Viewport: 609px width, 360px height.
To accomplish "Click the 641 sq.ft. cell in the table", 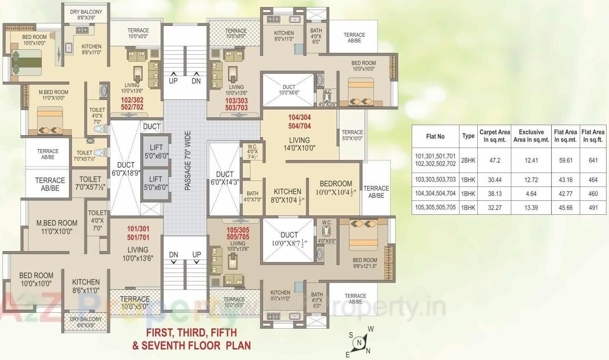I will tap(593, 160).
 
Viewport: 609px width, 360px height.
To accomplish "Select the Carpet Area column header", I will tap(494, 136).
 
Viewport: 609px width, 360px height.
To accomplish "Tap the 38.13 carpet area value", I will tap(494, 193).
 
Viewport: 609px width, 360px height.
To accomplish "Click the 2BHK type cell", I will tap(468, 160).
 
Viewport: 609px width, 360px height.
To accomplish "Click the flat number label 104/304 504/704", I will tap(300, 122).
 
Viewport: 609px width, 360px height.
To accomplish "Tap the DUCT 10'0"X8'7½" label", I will tap(289, 240).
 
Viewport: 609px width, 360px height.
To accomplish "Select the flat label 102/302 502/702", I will tap(133, 103).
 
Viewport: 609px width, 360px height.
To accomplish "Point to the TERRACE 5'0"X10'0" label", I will tap(352, 135).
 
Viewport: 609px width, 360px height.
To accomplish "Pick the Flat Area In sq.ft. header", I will tap(593, 136).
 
